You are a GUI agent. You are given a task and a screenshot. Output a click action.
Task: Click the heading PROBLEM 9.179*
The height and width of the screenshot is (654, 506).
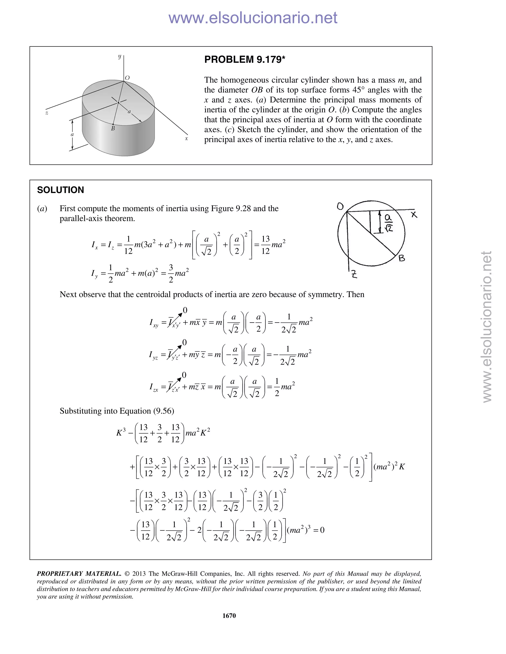click(244, 59)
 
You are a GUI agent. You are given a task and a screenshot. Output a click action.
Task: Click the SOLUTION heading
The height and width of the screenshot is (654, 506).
click(61, 190)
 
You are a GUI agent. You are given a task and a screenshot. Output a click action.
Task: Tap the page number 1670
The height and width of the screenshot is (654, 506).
click(229, 615)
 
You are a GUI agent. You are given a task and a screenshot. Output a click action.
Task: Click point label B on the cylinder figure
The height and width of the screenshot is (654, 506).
click(113, 129)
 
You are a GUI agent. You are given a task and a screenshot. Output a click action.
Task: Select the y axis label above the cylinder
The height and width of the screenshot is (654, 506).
click(120, 56)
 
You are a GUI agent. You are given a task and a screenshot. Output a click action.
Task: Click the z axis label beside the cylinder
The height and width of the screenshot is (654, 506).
click(47, 113)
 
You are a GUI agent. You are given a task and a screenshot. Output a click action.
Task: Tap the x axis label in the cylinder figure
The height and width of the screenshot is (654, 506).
click(186, 138)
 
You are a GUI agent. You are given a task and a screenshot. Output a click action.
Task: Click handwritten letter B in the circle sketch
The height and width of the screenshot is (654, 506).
click(402, 258)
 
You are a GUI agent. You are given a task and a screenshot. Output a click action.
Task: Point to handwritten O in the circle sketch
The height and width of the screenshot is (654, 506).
click(340, 206)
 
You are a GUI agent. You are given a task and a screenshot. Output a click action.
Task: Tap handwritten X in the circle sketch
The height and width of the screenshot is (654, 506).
click(414, 214)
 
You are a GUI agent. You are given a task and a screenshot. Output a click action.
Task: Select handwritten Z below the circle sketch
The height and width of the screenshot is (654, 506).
click(354, 274)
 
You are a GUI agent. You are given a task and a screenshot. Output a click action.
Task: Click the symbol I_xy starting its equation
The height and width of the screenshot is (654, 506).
click(154, 323)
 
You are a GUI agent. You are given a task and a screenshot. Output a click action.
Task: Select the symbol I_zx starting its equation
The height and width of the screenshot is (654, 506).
click(153, 387)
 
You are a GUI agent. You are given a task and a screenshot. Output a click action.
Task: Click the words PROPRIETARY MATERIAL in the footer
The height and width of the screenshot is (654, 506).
click(79, 574)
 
